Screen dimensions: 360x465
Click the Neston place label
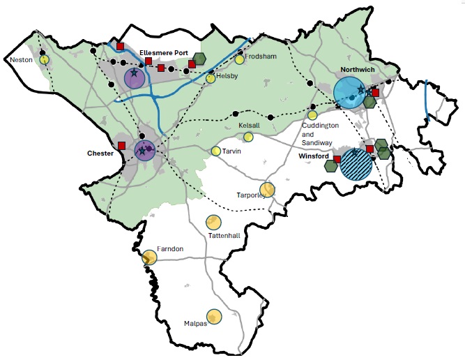(21, 61)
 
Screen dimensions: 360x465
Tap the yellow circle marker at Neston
(45, 60)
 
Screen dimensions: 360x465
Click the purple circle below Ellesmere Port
(134, 78)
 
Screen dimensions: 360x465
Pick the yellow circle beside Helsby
(211, 79)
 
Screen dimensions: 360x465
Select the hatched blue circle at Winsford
(357, 164)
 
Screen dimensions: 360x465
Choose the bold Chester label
(100, 153)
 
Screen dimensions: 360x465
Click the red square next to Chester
(122, 146)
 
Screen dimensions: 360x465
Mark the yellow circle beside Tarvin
(216, 151)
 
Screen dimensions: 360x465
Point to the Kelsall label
(249, 125)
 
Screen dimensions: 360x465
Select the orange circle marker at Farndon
(149, 257)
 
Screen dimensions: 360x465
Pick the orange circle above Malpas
(214, 317)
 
